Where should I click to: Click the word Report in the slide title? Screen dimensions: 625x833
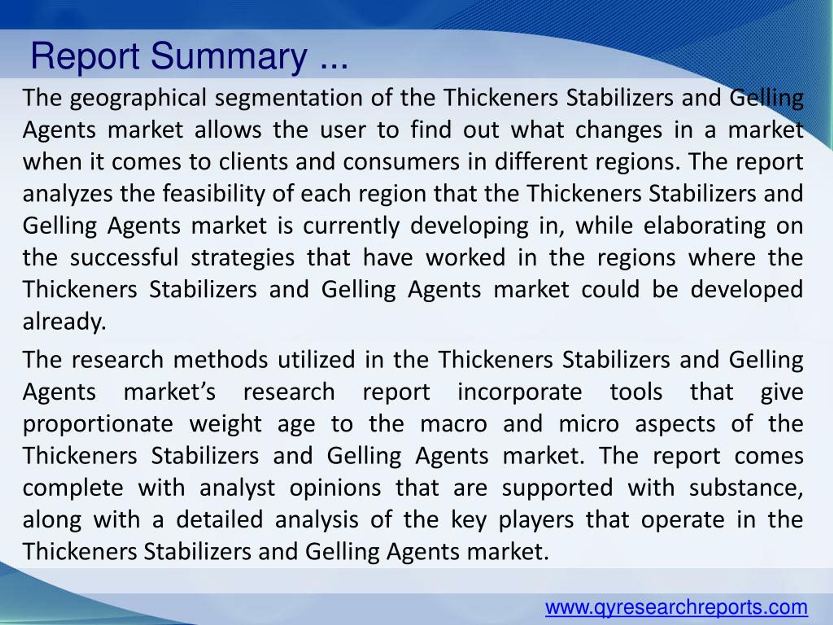pos(85,57)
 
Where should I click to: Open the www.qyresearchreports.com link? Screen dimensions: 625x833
pos(676,608)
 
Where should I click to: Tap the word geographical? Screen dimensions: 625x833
pos(138,98)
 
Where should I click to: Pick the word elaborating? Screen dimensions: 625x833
pos(704,226)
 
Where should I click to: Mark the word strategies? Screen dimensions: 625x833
pos(242,258)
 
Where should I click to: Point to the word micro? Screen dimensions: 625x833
pos(589,424)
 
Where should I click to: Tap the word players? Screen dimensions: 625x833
pos(536,520)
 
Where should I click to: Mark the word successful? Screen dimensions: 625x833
pos(124,258)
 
